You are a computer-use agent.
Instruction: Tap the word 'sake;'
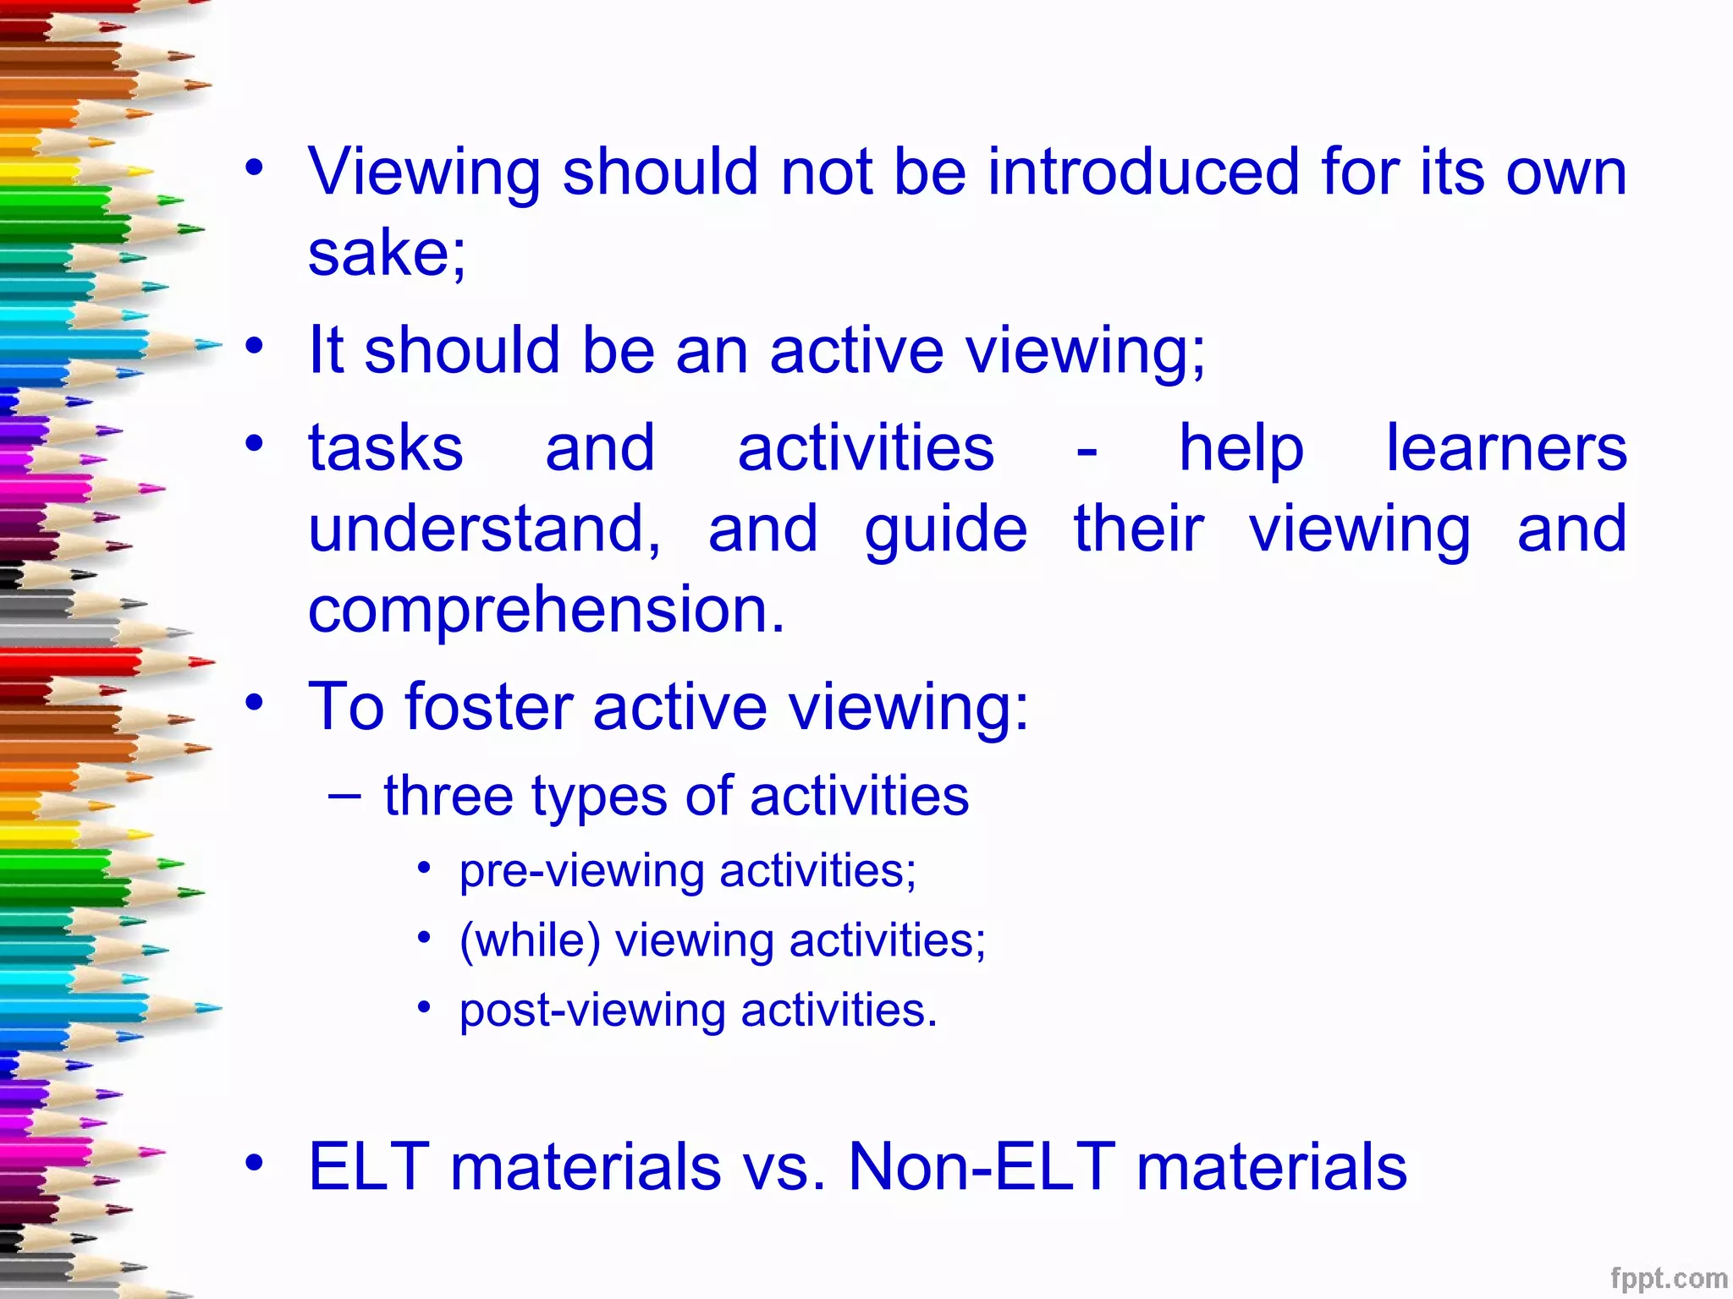pyautogui.click(x=387, y=253)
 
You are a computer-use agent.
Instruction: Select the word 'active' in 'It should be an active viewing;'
pyautogui.click(x=855, y=350)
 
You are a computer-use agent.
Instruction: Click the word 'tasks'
pyautogui.click(x=386, y=448)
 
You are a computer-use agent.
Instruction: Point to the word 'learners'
pyautogui.click(x=1506, y=448)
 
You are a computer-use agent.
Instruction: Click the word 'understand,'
pyautogui.click(x=484, y=529)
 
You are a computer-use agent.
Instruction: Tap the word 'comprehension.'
pyautogui.click(x=547, y=611)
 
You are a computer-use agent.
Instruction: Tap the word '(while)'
pyautogui.click(x=530, y=941)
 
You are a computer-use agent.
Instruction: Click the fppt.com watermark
pyautogui.click(x=1668, y=1279)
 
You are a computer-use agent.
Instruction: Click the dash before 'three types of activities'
pyautogui.click(x=344, y=795)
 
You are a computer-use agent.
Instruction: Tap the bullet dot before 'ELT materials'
pyautogui.click(x=254, y=1164)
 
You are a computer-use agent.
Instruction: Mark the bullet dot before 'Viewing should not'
pyautogui.click(x=254, y=167)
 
